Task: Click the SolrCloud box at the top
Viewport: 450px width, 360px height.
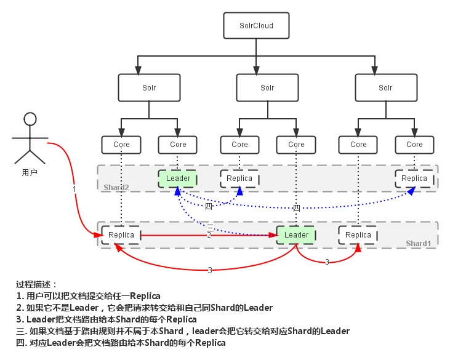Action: (255, 26)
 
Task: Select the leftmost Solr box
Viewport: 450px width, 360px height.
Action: (149, 88)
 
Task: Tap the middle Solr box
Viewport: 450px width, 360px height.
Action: (267, 88)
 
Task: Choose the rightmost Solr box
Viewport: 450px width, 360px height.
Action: (385, 88)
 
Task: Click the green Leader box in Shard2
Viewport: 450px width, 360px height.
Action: (178, 178)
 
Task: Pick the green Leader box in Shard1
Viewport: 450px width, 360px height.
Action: (296, 235)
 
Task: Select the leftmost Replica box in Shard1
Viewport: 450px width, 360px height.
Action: (121, 235)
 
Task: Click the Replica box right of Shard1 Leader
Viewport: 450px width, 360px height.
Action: (358, 235)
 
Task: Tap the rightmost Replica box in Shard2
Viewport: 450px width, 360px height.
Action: (414, 178)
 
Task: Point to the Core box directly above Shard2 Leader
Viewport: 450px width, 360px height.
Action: (178, 145)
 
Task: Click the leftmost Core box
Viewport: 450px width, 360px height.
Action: (121, 145)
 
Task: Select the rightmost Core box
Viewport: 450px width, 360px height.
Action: (414, 145)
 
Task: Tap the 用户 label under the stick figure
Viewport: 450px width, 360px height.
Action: (30, 173)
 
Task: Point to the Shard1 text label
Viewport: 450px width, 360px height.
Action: (419, 244)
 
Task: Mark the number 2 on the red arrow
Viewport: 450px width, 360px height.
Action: (209, 236)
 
